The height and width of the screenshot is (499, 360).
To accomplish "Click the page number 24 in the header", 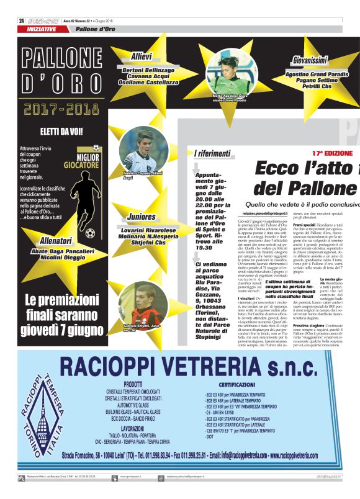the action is click(x=22, y=20).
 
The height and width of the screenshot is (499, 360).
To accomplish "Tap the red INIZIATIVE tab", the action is click(x=42, y=29).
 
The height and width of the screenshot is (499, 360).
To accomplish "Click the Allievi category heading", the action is click(x=142, y=56).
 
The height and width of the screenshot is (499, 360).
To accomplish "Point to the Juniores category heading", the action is click(x=142, y=217).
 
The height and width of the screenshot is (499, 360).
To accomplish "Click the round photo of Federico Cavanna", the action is click(x=142, y=153).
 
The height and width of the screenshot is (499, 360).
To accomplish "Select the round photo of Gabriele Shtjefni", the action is click(x=142, y=304).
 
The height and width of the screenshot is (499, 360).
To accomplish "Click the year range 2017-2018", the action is click(x=62, y=109).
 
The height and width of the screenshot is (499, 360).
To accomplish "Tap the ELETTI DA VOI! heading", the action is click(x=61, y=132).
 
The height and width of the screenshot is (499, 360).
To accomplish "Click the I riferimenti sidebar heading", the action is click(x=212, y=153).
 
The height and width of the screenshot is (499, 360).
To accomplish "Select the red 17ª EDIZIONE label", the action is click(x=332, y=153).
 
